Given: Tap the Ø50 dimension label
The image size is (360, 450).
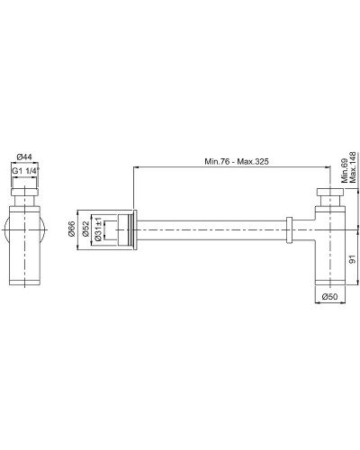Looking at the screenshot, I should pos(331,296).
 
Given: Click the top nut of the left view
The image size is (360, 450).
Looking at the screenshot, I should pos(26,192).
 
